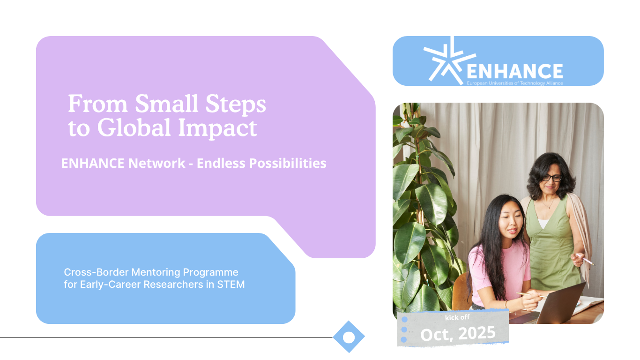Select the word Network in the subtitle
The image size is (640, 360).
(x=156, y=163)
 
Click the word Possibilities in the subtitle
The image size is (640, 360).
(x=288, y=163)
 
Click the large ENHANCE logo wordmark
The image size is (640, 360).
(x=514, y=71)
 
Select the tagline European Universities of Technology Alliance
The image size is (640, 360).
(x=514, y=83)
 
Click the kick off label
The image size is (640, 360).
(x=457, y=317)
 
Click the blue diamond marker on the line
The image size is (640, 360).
(x=349, y=337)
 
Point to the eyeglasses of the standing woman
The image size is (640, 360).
(x=552, y=178)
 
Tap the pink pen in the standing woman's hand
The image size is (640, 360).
(x=585, y=259)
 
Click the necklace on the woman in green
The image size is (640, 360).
(x=548, y=203)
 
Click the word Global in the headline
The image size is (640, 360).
(x=134, y=127)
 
